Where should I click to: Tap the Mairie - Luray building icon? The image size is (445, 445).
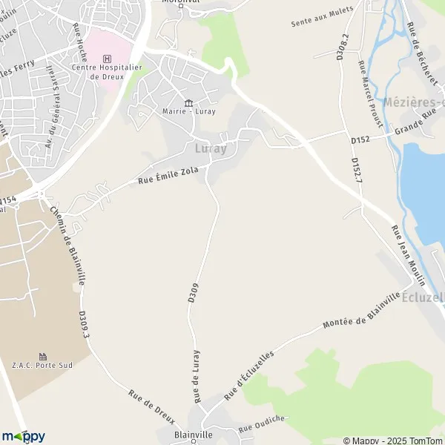click(x=188, y=103)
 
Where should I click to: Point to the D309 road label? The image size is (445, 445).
click(x=193, y=290)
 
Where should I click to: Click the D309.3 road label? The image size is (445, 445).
click(x=84, y=326)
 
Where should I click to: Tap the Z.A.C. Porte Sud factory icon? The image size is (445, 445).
click(x=42, y=357)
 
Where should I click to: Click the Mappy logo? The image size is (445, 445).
click(x=23, y=436)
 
